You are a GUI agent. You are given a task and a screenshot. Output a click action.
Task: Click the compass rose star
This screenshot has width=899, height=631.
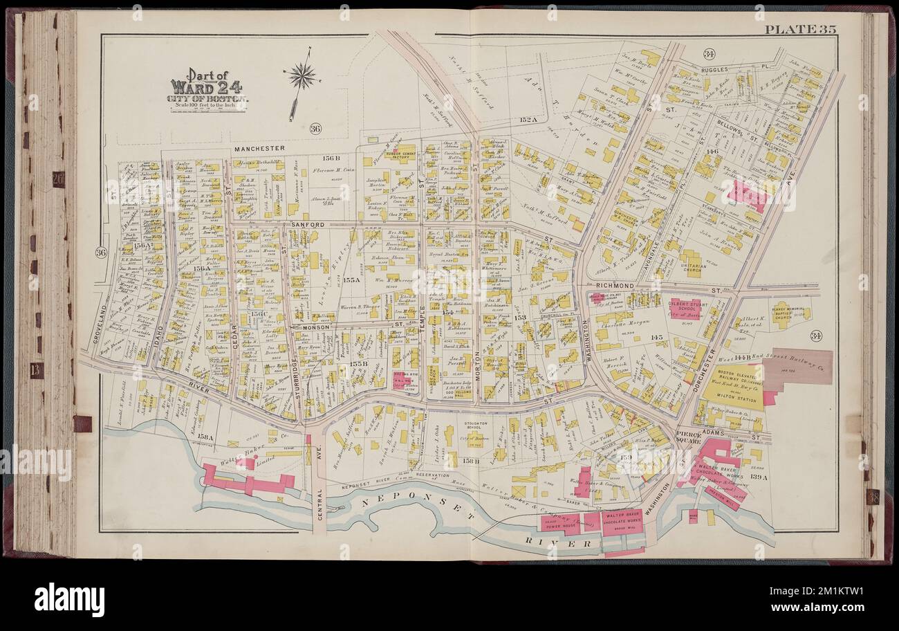click(x=302, y=75)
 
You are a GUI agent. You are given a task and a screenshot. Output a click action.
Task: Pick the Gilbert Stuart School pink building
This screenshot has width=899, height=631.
click(x=685, y=307)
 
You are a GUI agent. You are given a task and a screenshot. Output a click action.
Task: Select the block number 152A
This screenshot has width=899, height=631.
click(x=528, y=120)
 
